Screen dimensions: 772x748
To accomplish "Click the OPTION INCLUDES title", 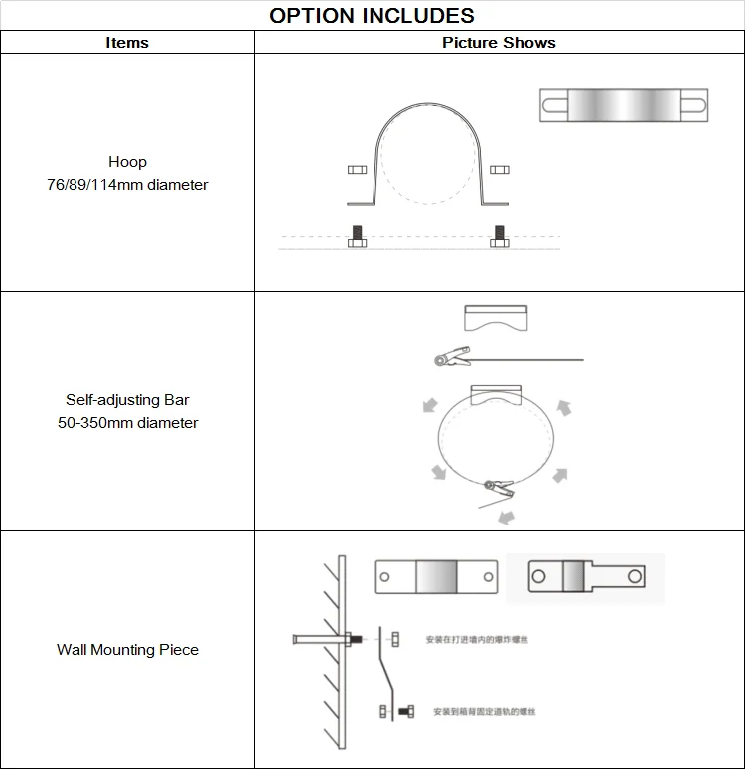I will tap(373, 15).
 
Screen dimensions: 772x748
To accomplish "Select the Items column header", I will tap(127, 43).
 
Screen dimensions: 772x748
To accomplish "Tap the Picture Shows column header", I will tap(499, 43).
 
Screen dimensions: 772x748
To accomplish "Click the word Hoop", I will tap(127, 161).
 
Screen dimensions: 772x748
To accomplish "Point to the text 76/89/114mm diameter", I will tap(127, 184).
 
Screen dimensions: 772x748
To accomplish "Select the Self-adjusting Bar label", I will tap(127, 400).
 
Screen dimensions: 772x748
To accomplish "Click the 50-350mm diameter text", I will tap(127, 423).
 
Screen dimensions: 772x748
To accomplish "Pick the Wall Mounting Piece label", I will tap(127, 650).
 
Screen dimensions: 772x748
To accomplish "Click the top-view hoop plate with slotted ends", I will tap(624, 105).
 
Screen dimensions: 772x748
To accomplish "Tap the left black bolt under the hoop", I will tap(358, 237).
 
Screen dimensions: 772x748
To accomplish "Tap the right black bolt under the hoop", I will tap(499, 237).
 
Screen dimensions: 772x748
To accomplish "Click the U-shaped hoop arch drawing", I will tap(427, 149).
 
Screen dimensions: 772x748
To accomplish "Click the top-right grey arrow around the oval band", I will tap(563, 406).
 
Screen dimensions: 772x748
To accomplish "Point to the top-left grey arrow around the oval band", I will tap(429, 405).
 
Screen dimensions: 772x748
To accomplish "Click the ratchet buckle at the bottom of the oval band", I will tap(497, 487).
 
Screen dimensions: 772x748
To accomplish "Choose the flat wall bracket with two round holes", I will tap(435, 576).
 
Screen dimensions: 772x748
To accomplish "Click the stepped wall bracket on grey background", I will tap(586, 576).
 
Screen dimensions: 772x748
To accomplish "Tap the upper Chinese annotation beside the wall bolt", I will tap(476, 639).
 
